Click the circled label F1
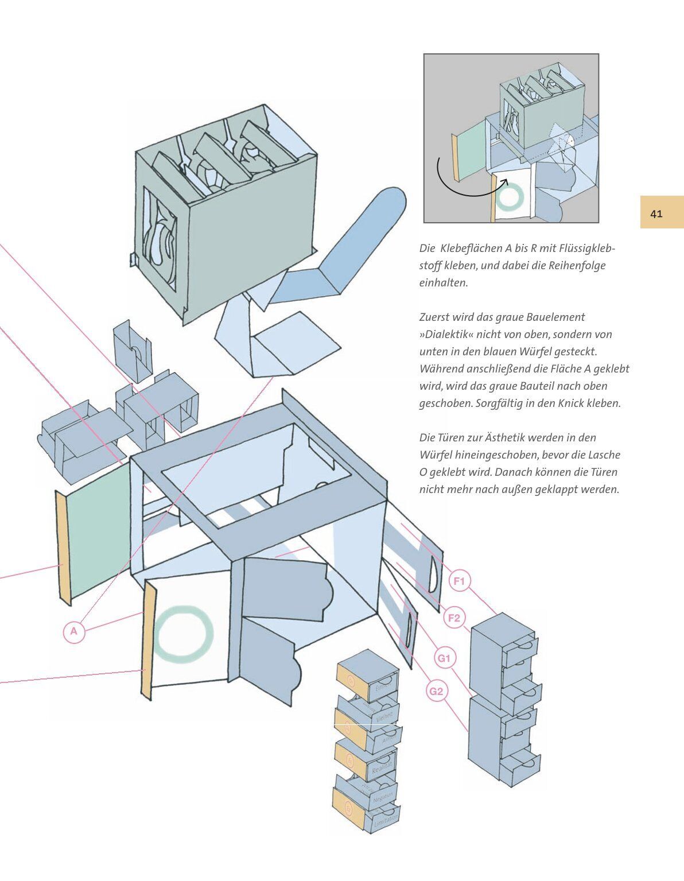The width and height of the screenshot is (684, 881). click(x=459, y=581)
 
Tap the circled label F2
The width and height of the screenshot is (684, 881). click(x=454, y=618)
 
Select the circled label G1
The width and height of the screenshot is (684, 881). click(x=444, y=658)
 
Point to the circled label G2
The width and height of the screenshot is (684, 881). click(x=437, y=691)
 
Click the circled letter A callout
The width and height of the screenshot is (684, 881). click(x=73, y=632)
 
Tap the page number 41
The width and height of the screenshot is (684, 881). click(x=657, y=214)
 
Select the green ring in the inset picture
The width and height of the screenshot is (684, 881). click(x=510, y=197)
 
